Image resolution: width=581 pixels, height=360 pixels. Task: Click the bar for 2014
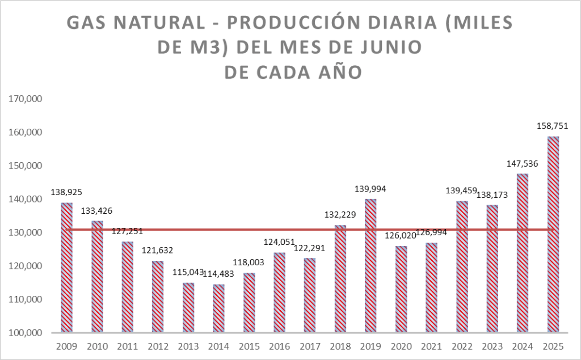click(218, 308)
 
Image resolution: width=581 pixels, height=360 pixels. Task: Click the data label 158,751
click(553, 126)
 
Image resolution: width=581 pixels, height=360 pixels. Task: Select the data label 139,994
click(371, 188)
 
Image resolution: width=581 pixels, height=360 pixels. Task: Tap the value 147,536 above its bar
click(523, 164)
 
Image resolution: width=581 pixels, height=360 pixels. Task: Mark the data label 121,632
click(158, 250)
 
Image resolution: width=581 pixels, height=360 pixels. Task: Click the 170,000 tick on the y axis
click(26, 99)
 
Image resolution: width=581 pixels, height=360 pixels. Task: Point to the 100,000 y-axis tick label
click(26, 333)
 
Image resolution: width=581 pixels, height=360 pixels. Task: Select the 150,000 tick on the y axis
click(26, 166)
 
